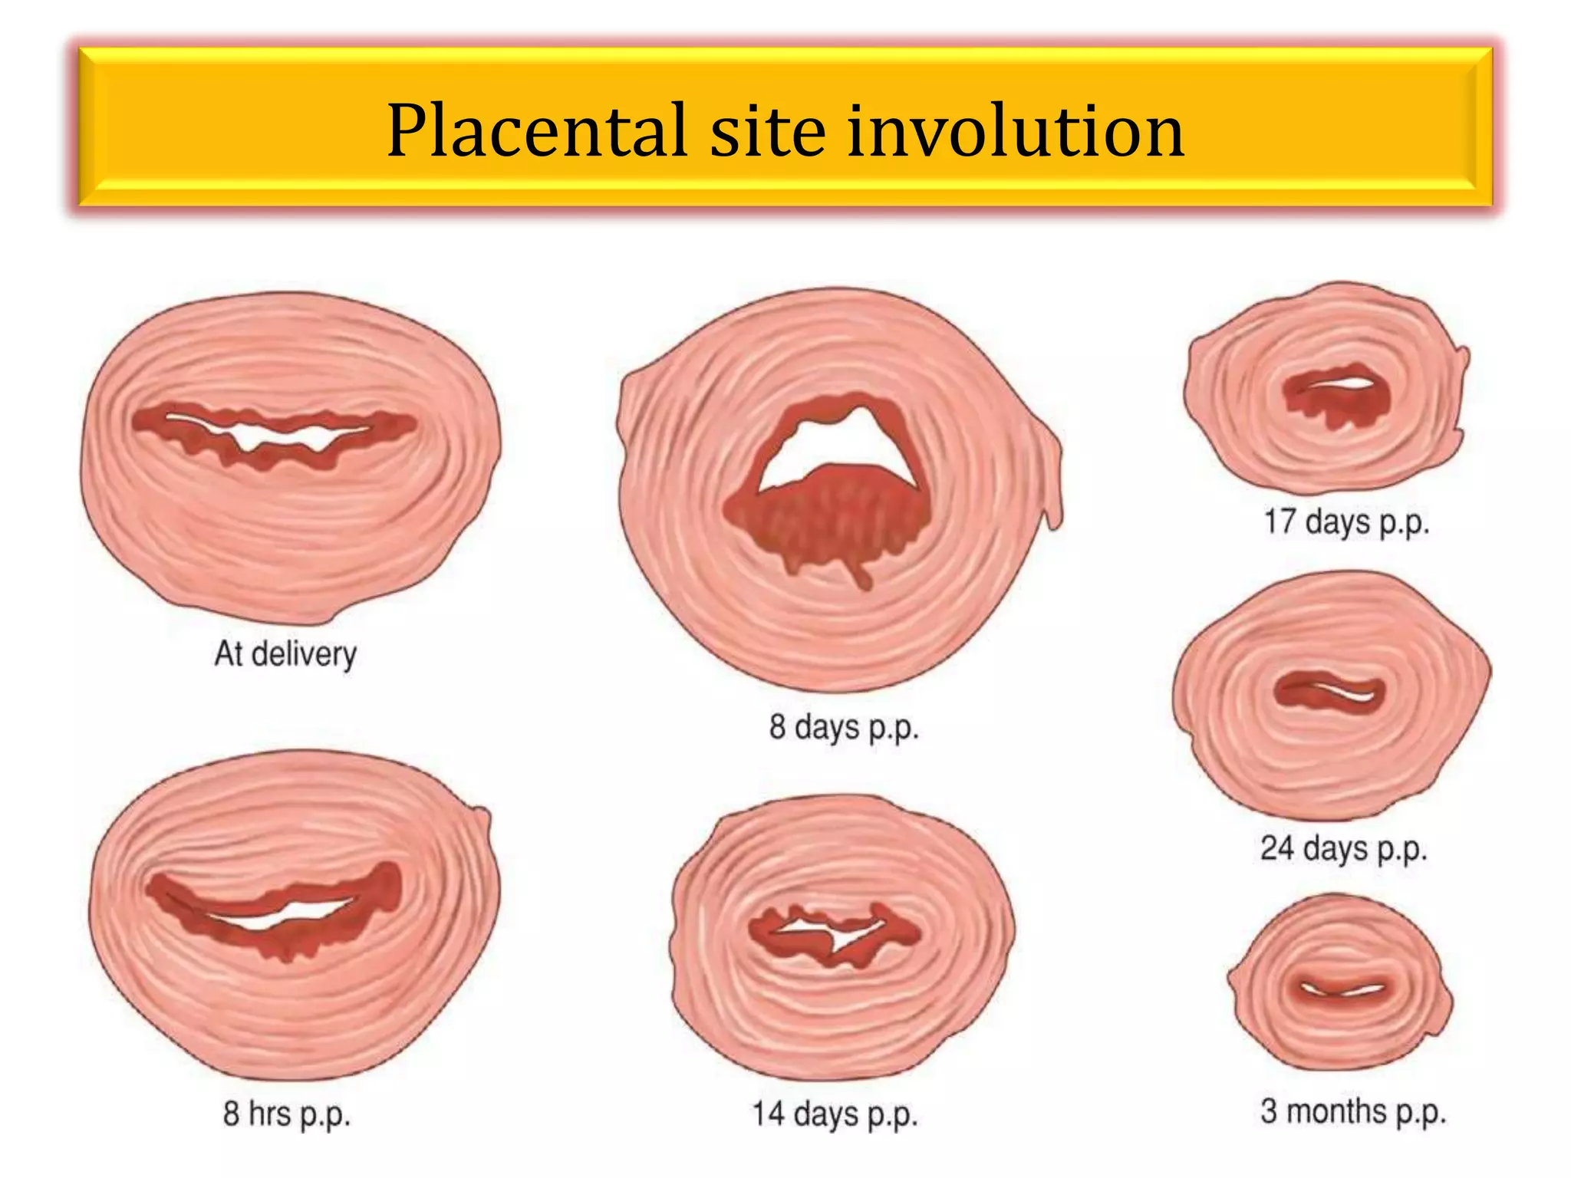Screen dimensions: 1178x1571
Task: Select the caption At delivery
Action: (x=285, y=654)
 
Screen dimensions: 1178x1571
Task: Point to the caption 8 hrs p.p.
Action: (x=287, y=1114)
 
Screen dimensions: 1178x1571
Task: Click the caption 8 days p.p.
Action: (x=844, y=726)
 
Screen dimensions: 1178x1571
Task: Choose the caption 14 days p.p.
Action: (x=835, y=1114)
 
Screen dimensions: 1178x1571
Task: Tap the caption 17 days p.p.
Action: (x=1346, y=522)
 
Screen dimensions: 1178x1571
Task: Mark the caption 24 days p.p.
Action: (x=1343, y=849)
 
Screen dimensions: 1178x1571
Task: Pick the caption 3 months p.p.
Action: (x=1353, y=1111)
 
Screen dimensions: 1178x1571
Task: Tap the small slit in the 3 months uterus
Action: (x=1342, y=989)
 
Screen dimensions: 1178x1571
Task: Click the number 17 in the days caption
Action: (x=1280, y=522)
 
